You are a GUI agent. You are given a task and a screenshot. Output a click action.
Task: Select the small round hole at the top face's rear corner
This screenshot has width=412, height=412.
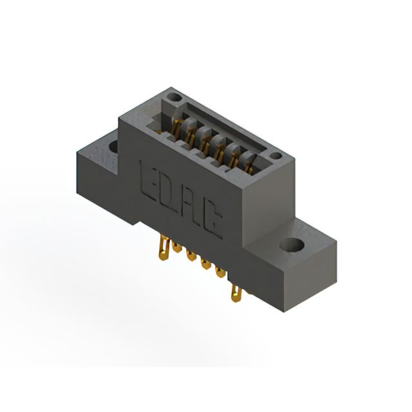click(173, 98)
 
